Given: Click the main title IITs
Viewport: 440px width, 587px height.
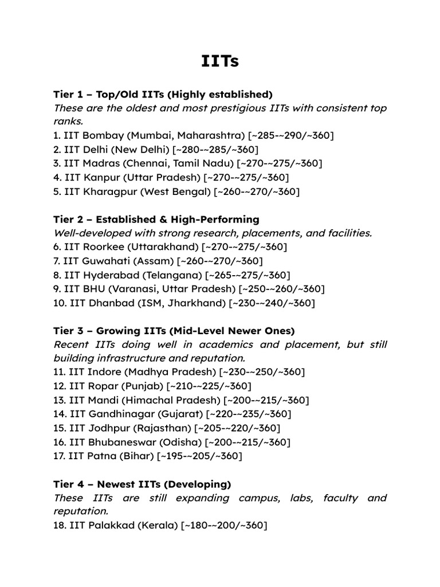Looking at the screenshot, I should tap(220, 61).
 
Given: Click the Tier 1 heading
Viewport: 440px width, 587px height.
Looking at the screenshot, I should tap(163, 94).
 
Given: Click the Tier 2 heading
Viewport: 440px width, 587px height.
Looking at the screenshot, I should tap(156, 220).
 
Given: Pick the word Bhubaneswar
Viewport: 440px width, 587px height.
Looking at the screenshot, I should tap(123, 443).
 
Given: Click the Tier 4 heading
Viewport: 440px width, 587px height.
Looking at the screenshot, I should tap(142, 484).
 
